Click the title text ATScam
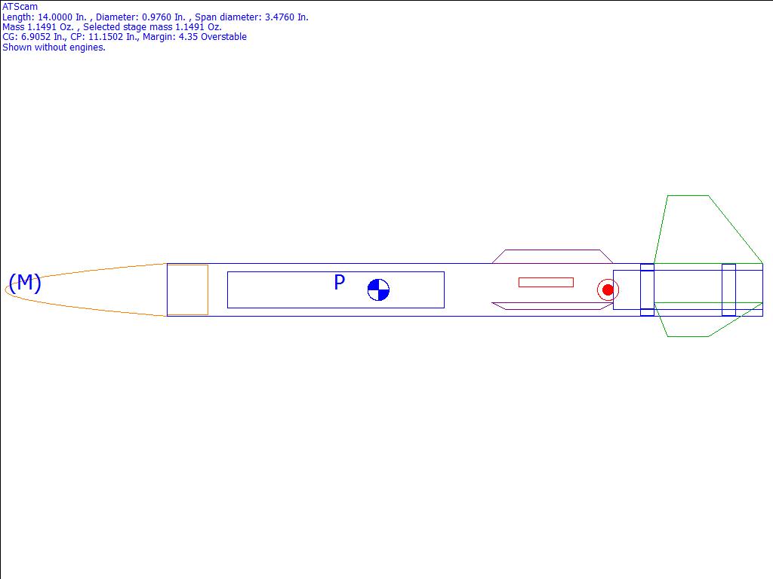click(x=20, y=7)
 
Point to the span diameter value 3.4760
click(x=279, y=17)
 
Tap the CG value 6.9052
click(x=35, y=37)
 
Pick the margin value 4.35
click(x=188, y=37)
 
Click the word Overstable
click(x=223, y=37)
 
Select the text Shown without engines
click(x=54, y=47)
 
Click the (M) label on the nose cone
click(x=25, y=283)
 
